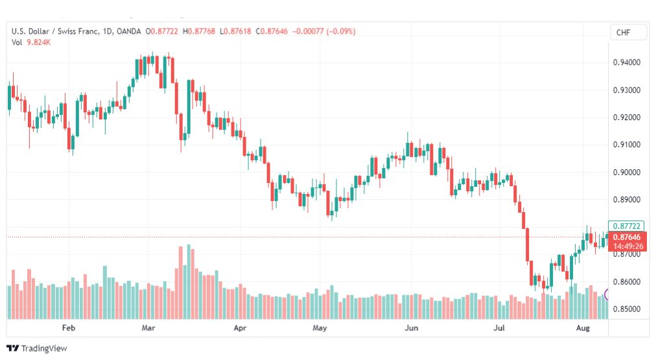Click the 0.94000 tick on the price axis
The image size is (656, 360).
click(626, 62)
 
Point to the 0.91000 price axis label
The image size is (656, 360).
click(626, 145)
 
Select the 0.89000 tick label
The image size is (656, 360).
click(626, 200)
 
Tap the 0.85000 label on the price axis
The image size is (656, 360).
click(626, 309)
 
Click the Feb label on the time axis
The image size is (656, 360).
click(69, 328)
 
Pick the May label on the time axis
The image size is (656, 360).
click(320, 328)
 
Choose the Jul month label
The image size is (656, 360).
click(499, 328)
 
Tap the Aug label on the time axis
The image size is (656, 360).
click(583, 328)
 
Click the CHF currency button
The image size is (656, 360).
click(624, 32)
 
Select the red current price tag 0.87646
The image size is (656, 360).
click(627, 237)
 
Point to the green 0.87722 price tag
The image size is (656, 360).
click(626, 226)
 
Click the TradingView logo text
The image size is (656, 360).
click(44, 348)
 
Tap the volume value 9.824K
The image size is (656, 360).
click(38, 42)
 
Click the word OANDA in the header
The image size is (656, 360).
click(128, 31)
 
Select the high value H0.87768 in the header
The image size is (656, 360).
click(199, 31)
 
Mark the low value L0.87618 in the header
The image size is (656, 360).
click(235, 31)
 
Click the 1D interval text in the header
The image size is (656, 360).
click(107, 31)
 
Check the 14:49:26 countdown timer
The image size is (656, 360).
click(628, 246)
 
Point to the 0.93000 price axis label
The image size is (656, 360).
click(626, 90)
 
